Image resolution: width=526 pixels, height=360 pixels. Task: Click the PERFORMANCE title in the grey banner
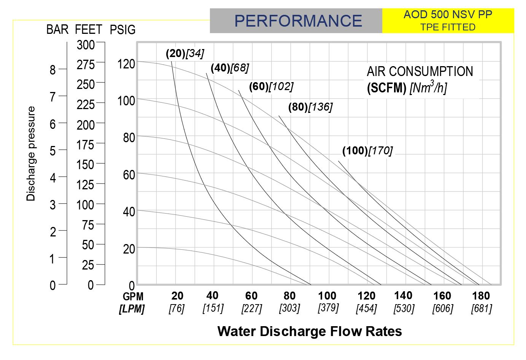(298, 21)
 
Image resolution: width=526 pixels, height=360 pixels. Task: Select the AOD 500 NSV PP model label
(448, 15)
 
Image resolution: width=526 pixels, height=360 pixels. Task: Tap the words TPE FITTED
(448, 27)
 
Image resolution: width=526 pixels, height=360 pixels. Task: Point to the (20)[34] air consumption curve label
(185, 54)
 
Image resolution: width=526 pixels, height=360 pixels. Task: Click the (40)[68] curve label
(230, 68)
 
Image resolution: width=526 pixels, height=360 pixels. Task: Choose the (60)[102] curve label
(271, 87)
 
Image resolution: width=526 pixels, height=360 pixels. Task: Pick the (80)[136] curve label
(310, 107)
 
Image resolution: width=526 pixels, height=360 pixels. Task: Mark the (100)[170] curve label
(367, 151)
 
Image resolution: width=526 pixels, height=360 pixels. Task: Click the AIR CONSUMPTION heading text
(420, 71)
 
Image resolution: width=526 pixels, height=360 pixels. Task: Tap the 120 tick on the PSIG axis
(126, 64)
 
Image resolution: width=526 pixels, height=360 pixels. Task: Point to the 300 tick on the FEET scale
(86, 45)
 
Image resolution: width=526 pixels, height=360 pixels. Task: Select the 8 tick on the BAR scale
(52, 70)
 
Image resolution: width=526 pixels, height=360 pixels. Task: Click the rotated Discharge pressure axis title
(31, 154)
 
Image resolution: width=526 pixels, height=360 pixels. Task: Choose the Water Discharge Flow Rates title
(310, 331)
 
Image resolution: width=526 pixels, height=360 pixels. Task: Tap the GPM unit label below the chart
(133, 297)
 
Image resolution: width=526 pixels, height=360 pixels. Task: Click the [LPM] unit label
(132, 309)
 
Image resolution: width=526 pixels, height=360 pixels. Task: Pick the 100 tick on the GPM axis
(327, 296)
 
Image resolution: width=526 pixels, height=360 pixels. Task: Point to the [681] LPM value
(482, 308)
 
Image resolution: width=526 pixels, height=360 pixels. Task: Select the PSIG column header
(122, 30)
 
